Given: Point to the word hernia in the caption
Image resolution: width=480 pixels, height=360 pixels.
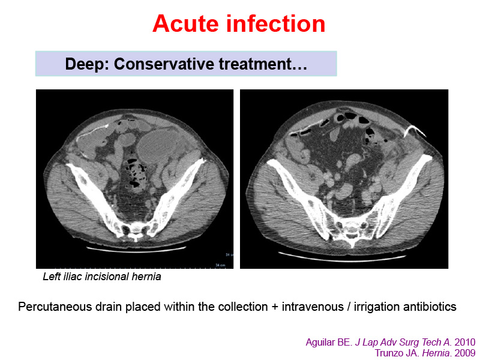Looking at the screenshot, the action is (x=146, y=277).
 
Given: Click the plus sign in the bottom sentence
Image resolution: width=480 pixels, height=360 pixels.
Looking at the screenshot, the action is (x=275, y=307).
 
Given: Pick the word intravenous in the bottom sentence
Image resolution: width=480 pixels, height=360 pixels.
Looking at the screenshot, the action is (x=313, y=307).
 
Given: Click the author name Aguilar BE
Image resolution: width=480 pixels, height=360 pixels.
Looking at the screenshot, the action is (x=329, y=342).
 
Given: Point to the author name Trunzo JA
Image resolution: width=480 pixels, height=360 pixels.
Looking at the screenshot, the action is (x=397, y=353).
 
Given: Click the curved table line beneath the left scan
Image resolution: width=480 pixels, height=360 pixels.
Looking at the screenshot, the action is (x=136, y=249).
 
